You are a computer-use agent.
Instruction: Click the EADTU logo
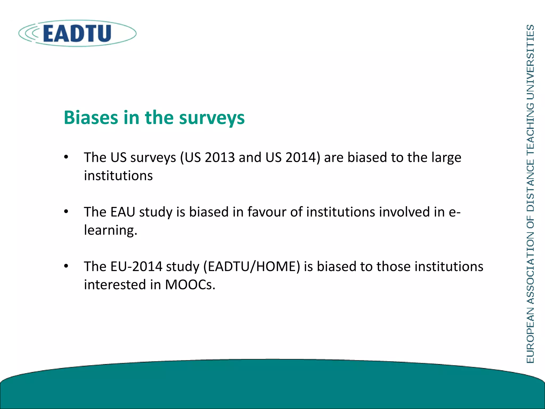click(x=77, y=34)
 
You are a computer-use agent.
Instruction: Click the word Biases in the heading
click(x=91, y=117)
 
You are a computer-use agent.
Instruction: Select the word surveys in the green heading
click(x=212, y=118)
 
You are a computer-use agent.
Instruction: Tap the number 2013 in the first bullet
click(x=220, y=157)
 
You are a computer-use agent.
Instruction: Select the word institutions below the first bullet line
click(x=118, y=176)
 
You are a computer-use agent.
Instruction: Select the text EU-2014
click(x=136, y=267)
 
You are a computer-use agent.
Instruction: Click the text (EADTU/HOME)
click(x=252, y=267)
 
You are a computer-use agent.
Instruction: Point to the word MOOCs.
click(x=190, y=285)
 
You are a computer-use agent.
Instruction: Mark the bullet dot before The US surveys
click(x=66, y=157)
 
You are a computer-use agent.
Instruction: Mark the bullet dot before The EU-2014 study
click(x=66, y=266)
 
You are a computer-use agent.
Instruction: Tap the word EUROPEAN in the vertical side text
click(x=530, y=335)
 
